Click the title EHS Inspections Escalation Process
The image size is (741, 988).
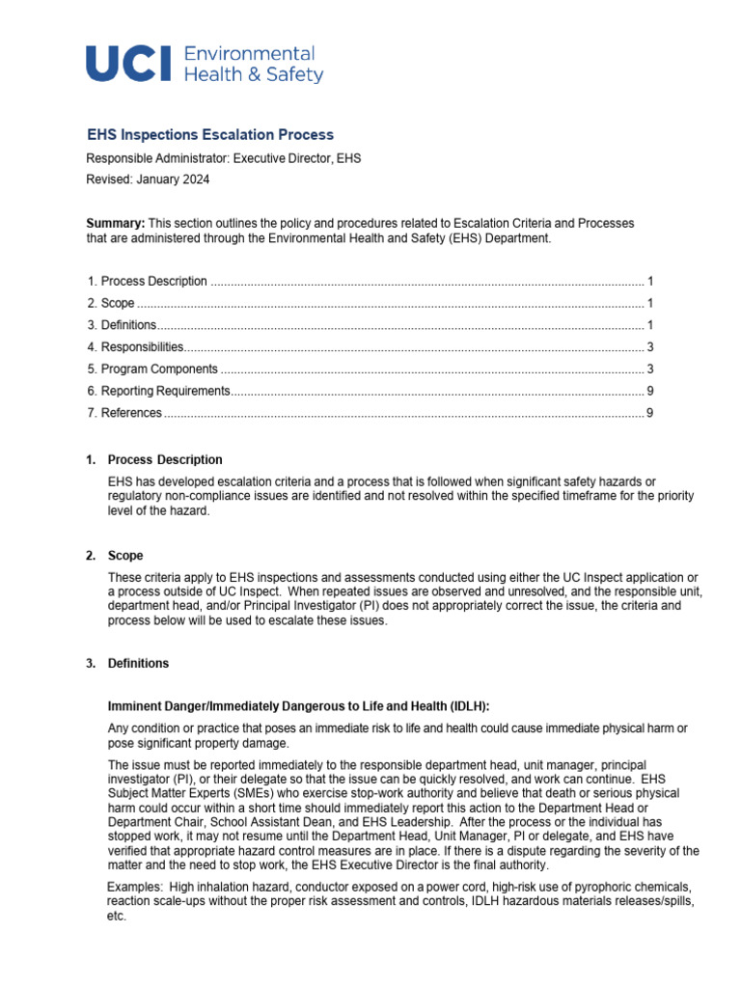pos(210,135)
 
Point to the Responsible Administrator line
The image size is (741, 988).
pos(224,158)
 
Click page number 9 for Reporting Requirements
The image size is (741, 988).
pos(650,391)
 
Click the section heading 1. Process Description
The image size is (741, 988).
pos(164,460)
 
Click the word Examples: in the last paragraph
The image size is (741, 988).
pos(134,886)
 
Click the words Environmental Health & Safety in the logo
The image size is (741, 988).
pos(253,64)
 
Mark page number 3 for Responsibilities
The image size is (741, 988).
pos(650,347)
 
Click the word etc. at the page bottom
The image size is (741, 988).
pos(116,916)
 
